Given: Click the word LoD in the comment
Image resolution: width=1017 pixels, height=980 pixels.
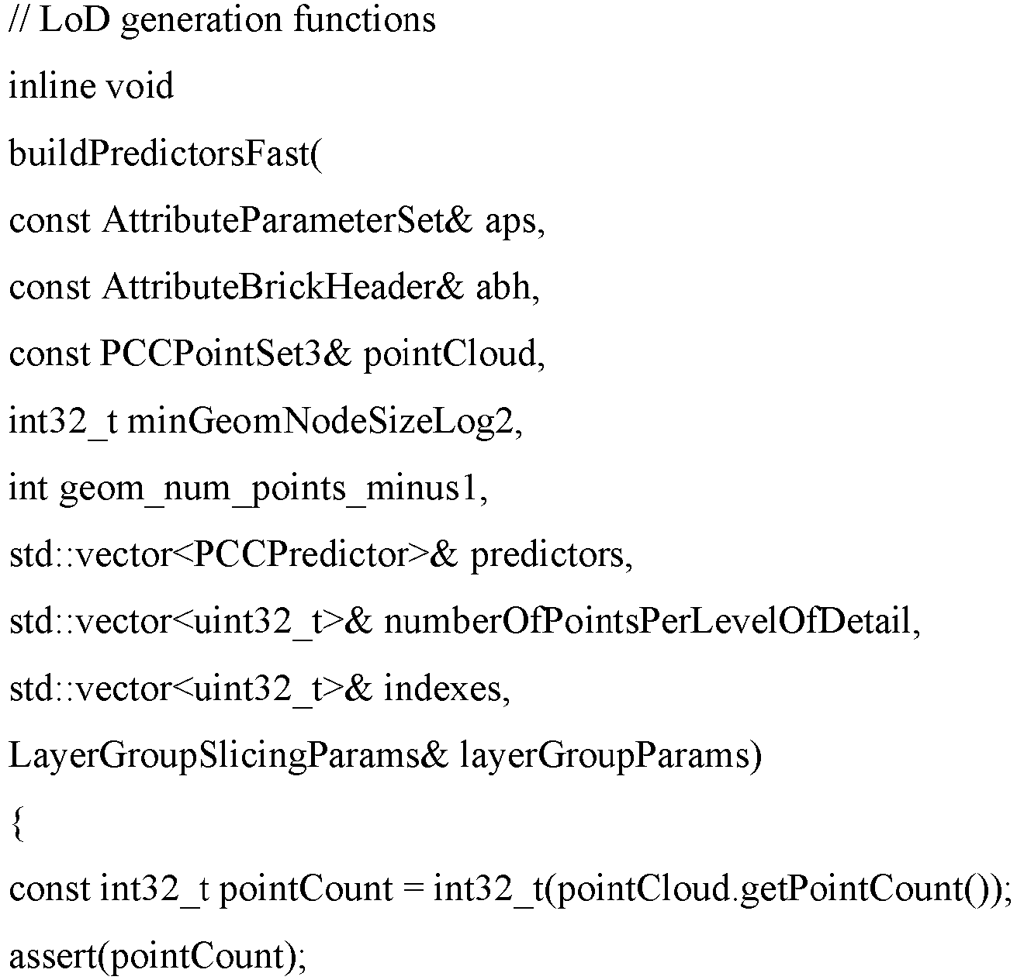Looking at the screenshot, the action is (74, 21).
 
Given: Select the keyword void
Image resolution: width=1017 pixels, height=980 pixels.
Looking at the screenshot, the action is (140, 86).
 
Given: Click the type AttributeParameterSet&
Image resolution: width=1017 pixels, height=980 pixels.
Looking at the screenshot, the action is (287, 221).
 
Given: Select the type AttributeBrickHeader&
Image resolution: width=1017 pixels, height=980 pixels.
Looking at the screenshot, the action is (282, 288).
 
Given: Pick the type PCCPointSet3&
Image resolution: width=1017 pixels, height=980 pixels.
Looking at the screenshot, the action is (225, 354).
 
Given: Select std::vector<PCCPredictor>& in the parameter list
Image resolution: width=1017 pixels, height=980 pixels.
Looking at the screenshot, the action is (233, 555).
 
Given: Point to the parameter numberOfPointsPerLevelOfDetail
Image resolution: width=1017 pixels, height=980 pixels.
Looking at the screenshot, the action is (648, 623).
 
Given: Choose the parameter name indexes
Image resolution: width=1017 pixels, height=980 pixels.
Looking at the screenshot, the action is (443, 689).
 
